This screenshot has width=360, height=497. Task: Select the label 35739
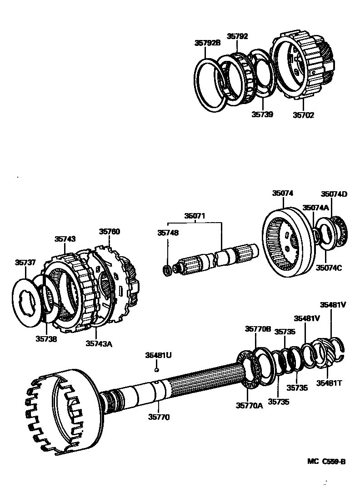pyautogui.click(x=263, y=114)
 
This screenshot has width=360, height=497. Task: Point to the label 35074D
pyautogui.click(x=334, y=194)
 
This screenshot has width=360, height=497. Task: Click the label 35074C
pyautogui.click(x=329, y=268)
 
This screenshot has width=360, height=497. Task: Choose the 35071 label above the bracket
pyautogui.click(x=195, y=216)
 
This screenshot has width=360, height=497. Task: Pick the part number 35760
pyautogui.click(x=110, y=231)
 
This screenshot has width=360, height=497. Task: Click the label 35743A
pyautogui.click(x=98, y=343)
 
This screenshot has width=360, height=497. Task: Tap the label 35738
pyautogui.click(x=46, y=338)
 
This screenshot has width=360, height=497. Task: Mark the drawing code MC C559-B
pyautogui.click(x=326, y=462)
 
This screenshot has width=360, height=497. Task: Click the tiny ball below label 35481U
pyautogui.click(x=156, y=369)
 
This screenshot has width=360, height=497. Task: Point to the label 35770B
pyautogui.click(x=258, y=328)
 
